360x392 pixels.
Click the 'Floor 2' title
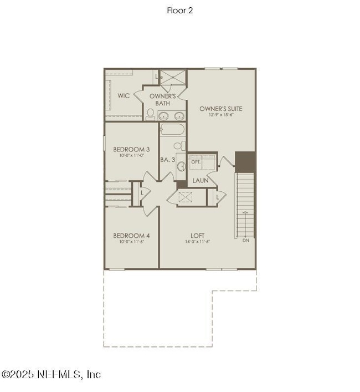click(x=179, y=10)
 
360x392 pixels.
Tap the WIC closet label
click(x=124, y=95)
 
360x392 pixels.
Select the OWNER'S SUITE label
click(x=220, y=109)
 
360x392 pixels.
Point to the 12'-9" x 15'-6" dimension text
click(x=220, y=115)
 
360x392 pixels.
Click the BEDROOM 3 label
click(x=131, y=149)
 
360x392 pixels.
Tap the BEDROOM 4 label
click(x=131, y=235)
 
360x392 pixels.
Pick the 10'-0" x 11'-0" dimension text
click(x=131, y=156)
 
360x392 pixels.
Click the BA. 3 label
click(x=168, y=160)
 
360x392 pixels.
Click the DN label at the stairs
click(x=246, y=240)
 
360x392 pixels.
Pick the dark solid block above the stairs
click(x=245, y=161)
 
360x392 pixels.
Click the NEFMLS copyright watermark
click(x=51, y=375)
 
